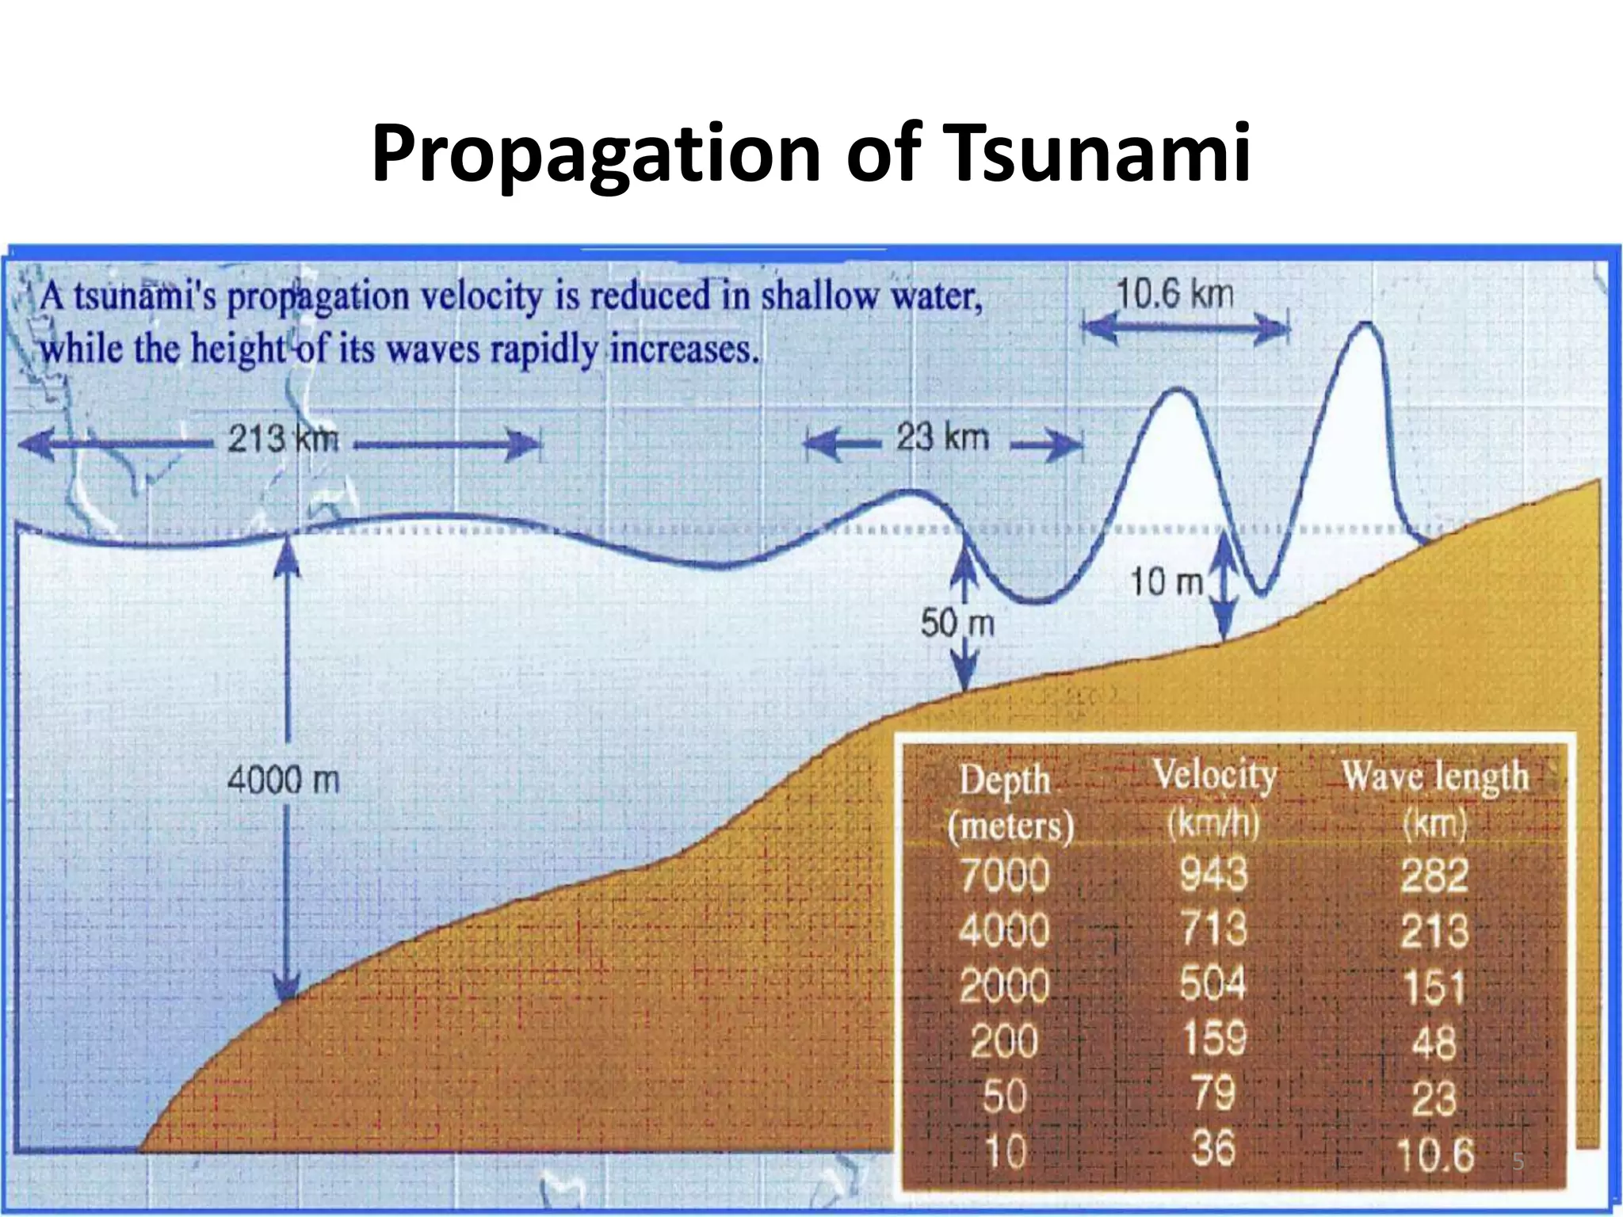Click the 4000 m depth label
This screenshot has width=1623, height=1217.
click(283, 781)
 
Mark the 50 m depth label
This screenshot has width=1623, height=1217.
click(957, 624)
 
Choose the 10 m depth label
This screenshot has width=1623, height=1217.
click(1166, 583)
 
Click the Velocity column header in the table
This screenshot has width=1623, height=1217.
click(1214, 775)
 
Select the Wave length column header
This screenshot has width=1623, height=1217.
click(1434, 776)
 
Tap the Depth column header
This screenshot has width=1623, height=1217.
click(1005, 780)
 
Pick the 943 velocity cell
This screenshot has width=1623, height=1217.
click(1213, 875)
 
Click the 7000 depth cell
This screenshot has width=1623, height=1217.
click(1005, 876)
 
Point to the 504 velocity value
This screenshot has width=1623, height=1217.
click(1213, 984)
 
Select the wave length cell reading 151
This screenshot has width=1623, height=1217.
click(1434, 987)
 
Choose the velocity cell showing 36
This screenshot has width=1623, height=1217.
click(1212, 1148)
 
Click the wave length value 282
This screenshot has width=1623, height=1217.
click(1434, 876)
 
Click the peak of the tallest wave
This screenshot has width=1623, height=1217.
click(1365, 325)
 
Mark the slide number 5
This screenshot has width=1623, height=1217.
click(1518, 1162)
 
